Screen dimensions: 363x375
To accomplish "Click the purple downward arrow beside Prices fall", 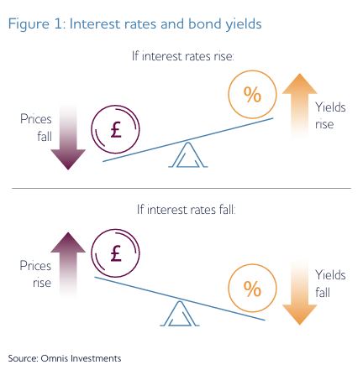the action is coord(68,138).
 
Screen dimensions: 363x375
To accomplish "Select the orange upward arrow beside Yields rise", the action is coord(299,106).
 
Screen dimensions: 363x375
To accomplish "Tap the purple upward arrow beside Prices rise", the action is coord(68,264).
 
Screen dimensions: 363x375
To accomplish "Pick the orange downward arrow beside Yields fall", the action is coord(299,293).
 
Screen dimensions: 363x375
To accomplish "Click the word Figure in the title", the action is coord(29,24).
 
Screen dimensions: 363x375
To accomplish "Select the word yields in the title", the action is coord(244,24).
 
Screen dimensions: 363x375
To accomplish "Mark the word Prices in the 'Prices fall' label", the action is coord(36,119).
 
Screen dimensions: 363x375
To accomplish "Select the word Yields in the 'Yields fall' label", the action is coord(330,275).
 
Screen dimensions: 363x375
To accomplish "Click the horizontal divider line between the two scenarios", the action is coord(181,189).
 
